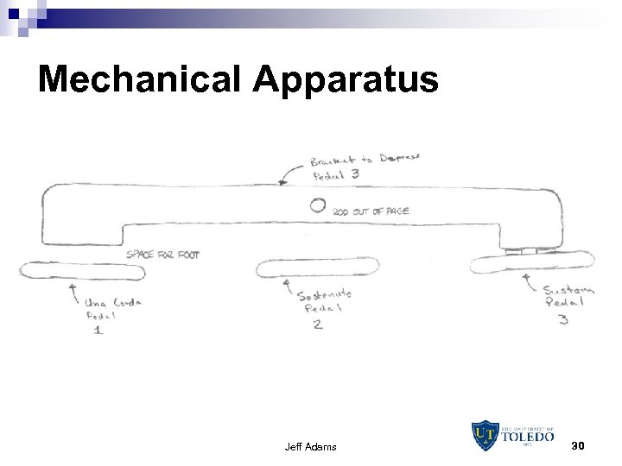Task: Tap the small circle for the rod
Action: click(x=318, y=205)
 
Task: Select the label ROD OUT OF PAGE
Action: click(x=370, y=211)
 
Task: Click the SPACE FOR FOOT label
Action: click(x=162, y=255)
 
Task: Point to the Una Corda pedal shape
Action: click(x=82, y=271)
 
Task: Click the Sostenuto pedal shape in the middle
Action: click(x=317, y=268)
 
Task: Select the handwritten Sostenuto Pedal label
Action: click(x=323, y=301)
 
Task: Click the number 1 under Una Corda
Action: click(x=98, y=331)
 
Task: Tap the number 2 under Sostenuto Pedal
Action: click(x=318, y=324)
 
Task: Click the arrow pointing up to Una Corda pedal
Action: click(x=73, y=291)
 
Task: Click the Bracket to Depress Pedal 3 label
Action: click(x=365, y=166)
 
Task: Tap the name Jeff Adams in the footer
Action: click(x=311, y=447)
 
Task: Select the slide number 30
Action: click(x=578, y=445)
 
